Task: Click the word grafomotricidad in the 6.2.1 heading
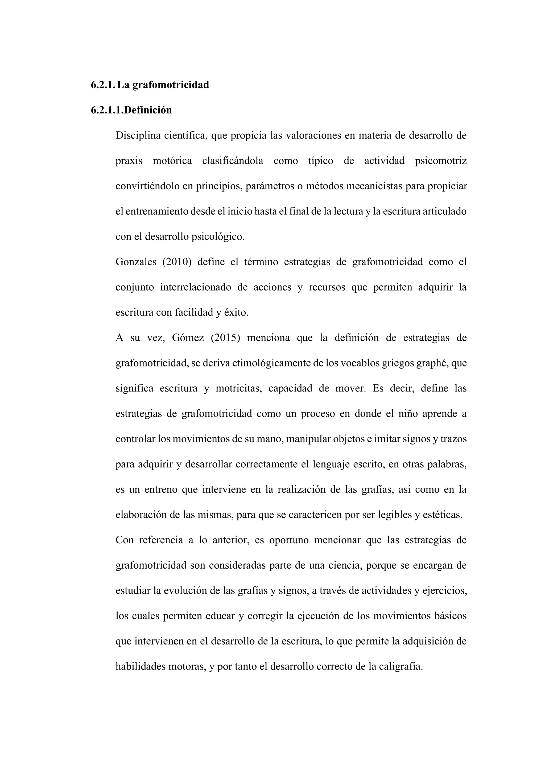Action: click(x=171, y=85)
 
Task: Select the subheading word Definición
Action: click(x=148, y=110)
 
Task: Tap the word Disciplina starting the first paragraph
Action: click(x=137, y=136)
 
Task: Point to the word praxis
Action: click(x=129, y=161)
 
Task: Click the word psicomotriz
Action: click(x=441, y=161)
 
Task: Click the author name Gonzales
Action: click(x=136, y=262)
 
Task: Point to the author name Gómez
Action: click(x=188, y=338)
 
